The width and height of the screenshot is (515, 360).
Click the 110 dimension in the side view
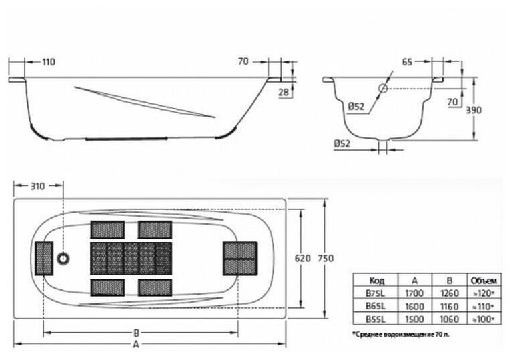pyautogui.click(x=48, y=62)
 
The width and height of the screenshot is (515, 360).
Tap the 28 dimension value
pyautogui.click(x=282, y=93)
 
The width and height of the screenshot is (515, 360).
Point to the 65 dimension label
pyautogui.click(x=406, y=62)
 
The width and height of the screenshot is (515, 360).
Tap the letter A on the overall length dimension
pyautogui.click(x=135, y=345)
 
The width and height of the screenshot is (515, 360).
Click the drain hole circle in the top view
pyautogui.click(x=64, y=258)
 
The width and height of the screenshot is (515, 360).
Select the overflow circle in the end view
pyautogui.click(x=384, y=89)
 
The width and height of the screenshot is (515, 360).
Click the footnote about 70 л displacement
pyautogui.click(x=400, y=331)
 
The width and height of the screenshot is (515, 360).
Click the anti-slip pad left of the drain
pyautogui.click(x=44, y=259)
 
